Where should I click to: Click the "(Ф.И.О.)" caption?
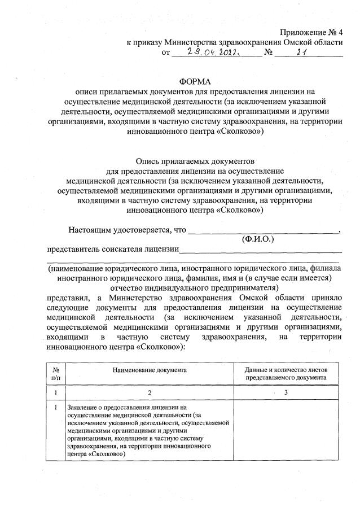[257, 239]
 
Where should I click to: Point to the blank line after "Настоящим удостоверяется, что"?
[263, 230]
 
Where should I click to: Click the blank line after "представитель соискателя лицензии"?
[261, 249]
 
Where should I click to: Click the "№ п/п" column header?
[55, 373]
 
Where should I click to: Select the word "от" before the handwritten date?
[165, 53]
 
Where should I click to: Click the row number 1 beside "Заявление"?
[55, 407]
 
